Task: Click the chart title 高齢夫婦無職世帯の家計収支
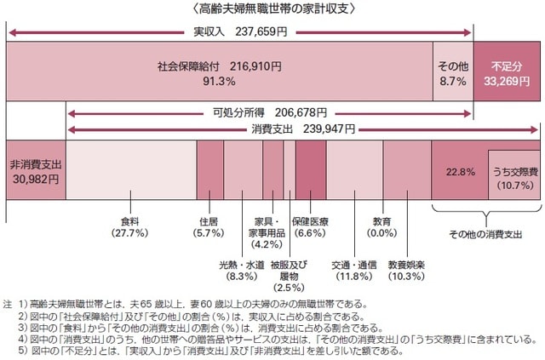point(272,10)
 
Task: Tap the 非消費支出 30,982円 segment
point(34,170)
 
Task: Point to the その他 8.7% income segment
point(452,72)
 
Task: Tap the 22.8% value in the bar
point(460,171)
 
